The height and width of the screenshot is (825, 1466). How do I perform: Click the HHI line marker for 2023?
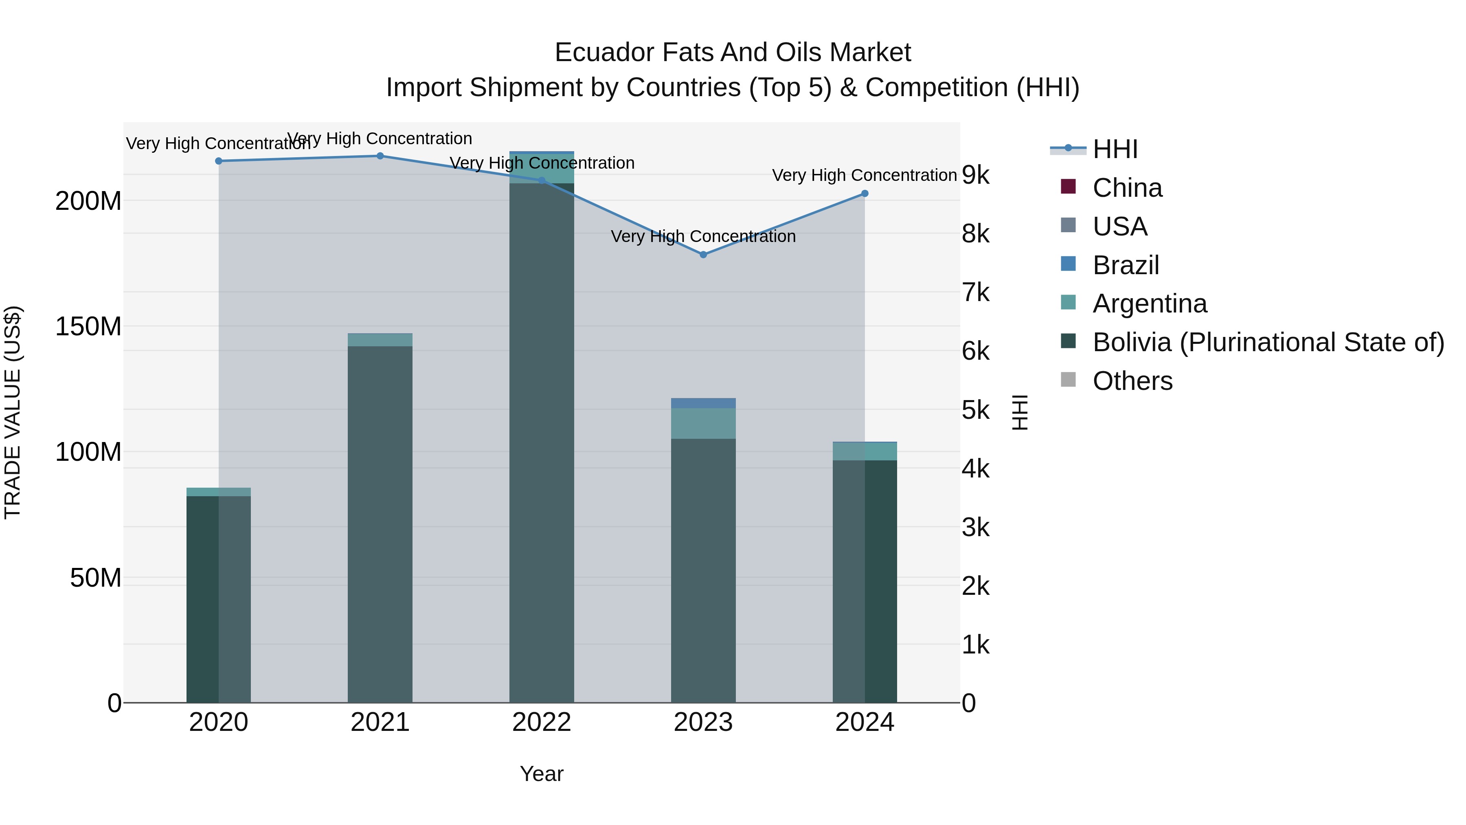click(703, 255)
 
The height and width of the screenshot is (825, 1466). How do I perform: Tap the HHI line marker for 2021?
click(380, 156)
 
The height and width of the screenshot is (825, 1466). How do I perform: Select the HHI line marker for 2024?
click(865, 194)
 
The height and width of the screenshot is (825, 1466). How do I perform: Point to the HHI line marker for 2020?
click(219, 161)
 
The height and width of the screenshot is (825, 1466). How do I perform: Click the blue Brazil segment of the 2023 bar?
click(703, 403)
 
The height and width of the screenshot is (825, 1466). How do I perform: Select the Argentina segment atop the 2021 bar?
click(380, 340)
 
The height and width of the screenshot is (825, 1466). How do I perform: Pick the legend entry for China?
click(1127, 188)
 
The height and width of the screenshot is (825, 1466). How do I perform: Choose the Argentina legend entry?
click(1149, 304)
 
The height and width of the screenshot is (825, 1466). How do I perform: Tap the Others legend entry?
click(1132, 381)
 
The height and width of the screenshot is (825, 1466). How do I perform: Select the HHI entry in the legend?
click(1114, 149)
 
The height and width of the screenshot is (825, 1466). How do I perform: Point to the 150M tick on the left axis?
click(88, 327)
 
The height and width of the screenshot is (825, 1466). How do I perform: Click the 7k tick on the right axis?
click(975, 293)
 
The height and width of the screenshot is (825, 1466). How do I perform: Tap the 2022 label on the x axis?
click(541, 722)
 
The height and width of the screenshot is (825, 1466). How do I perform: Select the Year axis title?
click(541, 774)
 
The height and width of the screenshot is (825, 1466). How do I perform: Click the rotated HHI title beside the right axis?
click(1020, 412)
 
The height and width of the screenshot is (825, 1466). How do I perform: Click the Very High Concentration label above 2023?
click(703, 236)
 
